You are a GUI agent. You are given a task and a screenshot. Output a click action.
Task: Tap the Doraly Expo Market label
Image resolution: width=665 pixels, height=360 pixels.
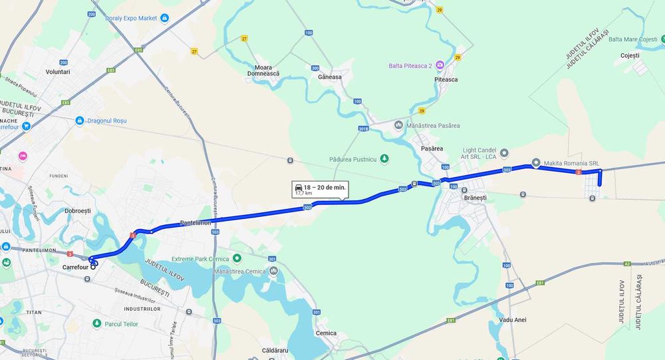(131, 18)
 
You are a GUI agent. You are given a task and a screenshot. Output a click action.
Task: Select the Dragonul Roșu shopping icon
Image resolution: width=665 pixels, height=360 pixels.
(80, 121)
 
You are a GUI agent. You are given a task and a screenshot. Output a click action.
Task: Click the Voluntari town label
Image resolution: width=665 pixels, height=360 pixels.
(58, 71)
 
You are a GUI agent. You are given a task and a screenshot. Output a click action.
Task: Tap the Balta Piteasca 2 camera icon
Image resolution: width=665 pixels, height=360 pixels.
(440, 65)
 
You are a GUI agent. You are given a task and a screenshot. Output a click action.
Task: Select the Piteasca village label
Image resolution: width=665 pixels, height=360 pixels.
(446, 79)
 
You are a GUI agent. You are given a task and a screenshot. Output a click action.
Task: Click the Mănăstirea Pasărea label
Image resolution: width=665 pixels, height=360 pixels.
(432, 125)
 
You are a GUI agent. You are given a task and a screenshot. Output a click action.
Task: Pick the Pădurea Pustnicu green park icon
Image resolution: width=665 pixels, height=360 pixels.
(384, 159)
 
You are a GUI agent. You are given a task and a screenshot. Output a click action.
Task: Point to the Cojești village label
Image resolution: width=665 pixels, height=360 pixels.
(630, 55)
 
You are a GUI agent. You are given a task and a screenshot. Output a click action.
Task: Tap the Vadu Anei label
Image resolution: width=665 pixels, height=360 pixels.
(512, 320)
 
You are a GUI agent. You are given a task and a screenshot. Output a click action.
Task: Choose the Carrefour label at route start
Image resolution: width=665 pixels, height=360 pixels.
(75, 268)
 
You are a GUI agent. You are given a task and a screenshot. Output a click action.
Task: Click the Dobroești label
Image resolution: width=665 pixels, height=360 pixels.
(77, 211)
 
